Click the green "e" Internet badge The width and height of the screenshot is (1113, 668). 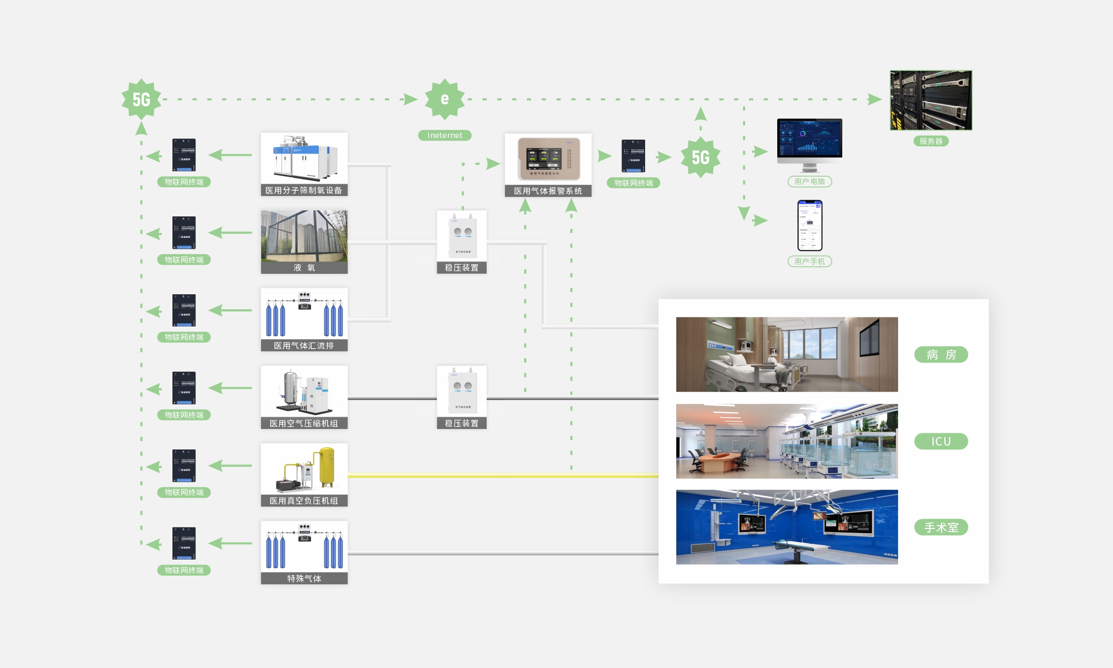click(445, 99)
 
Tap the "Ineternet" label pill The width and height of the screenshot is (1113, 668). click(445, 135)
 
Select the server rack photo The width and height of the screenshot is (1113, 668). click(931, 100)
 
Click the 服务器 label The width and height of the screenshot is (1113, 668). click(931, 141)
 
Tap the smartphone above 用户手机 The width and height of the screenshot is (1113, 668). click(810, 225)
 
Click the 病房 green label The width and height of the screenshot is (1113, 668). click(941, 354)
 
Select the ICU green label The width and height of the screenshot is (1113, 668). click(941, 441)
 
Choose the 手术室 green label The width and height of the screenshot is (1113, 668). click(941, 527)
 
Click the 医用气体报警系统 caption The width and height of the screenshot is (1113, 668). click(548, 191)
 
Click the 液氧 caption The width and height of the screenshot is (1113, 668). click(304, 267)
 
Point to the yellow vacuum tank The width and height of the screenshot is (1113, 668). click(327, 466)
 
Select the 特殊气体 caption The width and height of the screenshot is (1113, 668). click(304, 578)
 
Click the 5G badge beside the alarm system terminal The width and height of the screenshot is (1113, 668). click(700, 157)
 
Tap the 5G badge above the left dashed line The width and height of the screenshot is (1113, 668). click(141, 99)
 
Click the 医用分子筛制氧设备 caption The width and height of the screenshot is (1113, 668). click(304, 190)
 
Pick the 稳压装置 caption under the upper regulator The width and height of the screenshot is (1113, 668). click(461, 267)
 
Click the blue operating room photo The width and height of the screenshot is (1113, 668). click(787, 527)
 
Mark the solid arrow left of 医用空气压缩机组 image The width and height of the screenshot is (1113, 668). click(230, 388)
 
